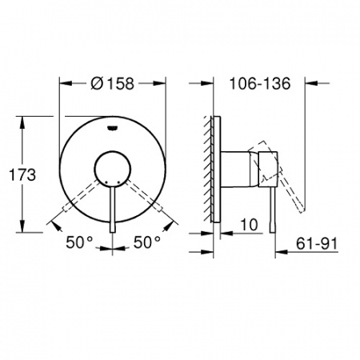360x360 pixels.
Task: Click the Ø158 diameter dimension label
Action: (112, 83)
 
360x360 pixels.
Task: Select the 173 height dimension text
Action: (22, 175)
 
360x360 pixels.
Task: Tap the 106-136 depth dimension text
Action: (260, 83)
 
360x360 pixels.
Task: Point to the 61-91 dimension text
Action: (317, 243)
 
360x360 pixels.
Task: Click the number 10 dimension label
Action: (250, 225)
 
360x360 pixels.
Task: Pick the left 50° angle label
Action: (79, 242)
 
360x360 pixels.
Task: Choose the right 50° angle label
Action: (147, 242)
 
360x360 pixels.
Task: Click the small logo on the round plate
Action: (113, 128)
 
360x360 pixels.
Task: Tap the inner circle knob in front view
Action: (113, 151)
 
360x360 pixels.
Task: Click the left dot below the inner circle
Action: (106, 182)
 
